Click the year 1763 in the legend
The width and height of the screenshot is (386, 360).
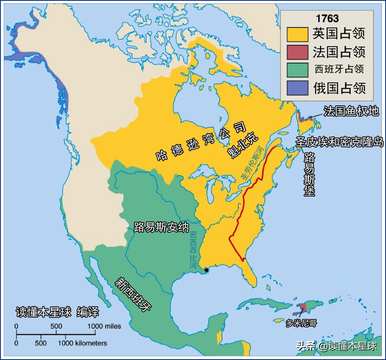pos(327,19)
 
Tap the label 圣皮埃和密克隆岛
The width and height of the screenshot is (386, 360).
pos(339,142)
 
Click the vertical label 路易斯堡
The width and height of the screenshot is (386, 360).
pos(309,174)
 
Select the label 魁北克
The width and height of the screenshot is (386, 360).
pos(243,146)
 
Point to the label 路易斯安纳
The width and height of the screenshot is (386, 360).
pos(161,227)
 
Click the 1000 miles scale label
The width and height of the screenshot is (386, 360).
pos(104,326)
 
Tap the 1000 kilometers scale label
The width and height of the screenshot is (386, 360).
pos(82,343)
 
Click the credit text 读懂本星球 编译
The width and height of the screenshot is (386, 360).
pos(57,312)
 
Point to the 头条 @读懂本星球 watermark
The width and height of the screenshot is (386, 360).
pos(336,346)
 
